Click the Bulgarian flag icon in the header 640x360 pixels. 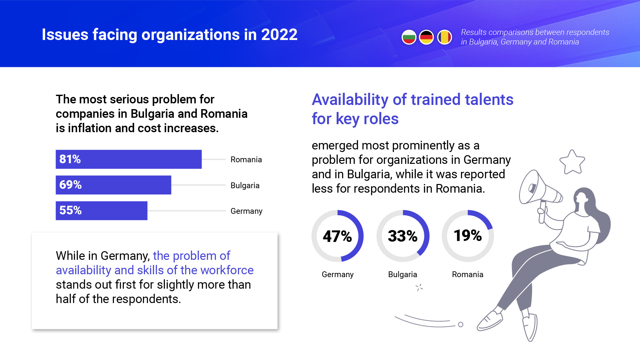click(x=409, y=37)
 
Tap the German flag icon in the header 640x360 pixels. click(x=426, y=37)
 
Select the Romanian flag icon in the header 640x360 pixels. click(x=444, y=37)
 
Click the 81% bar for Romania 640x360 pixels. click(x=129, y=159)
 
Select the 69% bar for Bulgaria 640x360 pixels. click(x=113, y=185)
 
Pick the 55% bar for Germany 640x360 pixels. click(x=101, y=211)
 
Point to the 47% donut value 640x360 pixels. click(x=337, y=236)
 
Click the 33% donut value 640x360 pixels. click(x=403, y=236)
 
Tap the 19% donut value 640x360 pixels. click(x=468, y=236)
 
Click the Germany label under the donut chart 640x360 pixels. click(x=338, y=275)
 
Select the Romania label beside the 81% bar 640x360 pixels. click(x=246, y=159)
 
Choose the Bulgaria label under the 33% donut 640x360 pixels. click(x=403, y=275)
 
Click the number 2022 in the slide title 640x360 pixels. click(x=279, y=35)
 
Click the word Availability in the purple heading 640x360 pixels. click(x=350, y=100)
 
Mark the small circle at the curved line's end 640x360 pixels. click(x=460, y=324)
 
